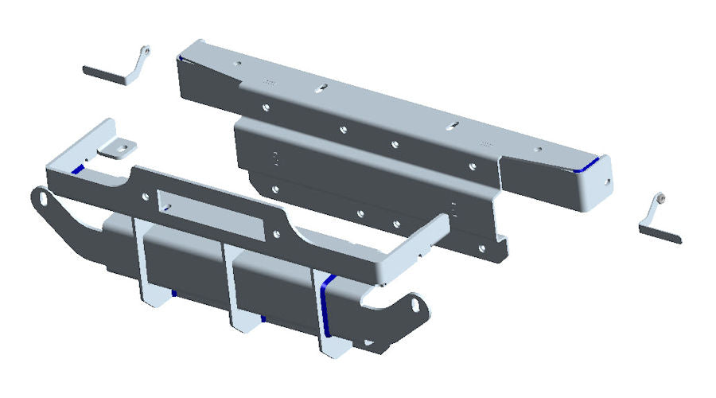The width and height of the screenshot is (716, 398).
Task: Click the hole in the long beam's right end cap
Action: (609, 181)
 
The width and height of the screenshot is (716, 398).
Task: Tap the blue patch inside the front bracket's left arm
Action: (77, 169)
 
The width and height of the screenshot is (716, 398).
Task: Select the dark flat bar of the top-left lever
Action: (105, 73)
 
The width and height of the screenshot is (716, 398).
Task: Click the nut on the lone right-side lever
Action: (660, 197)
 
